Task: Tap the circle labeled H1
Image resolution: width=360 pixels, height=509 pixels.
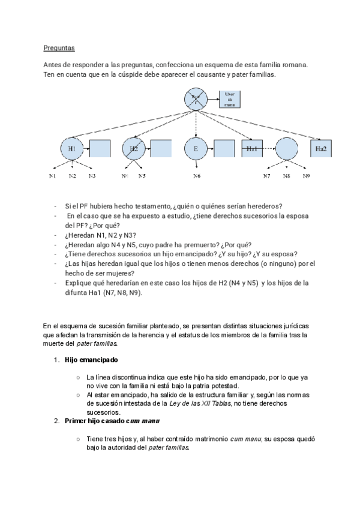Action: [72, 148]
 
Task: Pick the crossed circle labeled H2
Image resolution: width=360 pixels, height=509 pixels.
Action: [134, 148]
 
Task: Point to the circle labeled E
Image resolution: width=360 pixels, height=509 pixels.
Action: [196, 148]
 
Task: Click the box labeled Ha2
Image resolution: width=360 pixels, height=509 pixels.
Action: [321, 148]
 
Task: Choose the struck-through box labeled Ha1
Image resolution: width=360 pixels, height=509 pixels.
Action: [253, 148]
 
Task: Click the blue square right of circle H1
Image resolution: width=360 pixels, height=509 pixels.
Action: [100, 149]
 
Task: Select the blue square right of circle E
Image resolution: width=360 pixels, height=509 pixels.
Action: [224, 149]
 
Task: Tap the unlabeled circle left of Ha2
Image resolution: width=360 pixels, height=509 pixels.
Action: [286, 148]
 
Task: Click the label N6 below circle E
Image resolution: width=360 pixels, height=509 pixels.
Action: [197, 176]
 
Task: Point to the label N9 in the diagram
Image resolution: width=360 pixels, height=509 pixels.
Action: [306, 176]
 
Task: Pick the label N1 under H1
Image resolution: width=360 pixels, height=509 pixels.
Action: [52, 176]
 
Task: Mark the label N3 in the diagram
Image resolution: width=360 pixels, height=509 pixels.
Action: [92, 176]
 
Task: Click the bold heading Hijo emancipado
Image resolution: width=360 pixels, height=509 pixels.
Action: [91, 360]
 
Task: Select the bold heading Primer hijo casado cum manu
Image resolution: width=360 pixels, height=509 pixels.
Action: [110, 421]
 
